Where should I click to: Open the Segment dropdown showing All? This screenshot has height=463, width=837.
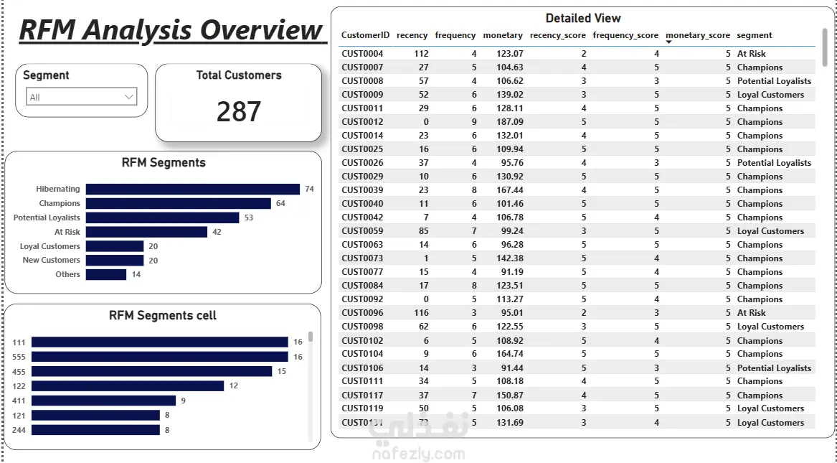coord(81,97)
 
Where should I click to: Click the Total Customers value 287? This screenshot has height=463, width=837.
coord(239,111)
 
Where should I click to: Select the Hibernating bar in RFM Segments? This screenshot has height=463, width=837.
coord(193,189)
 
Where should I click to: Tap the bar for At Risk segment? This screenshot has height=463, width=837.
coord(146,232)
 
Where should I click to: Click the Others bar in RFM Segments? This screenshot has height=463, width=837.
coord(105,274)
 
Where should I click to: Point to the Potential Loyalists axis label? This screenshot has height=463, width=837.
coord(47,218)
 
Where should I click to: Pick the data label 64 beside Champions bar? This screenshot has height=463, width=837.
coord(280,203)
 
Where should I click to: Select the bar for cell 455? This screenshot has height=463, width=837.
coord(151,371)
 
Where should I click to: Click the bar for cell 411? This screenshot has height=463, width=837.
coord(103,401)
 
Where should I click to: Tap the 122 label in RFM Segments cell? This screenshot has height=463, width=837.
coord(19,386)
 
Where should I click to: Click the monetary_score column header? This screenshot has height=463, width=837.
coord(698,35)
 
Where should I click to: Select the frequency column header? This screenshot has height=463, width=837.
coord(455,35)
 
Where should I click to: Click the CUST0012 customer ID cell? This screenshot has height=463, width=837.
coord(362,122)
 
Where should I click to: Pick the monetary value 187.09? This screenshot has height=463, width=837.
coord(510,122)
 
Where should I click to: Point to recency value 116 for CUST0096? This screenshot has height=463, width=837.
coord(421,313)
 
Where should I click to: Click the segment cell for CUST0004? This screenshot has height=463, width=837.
coord(751,53)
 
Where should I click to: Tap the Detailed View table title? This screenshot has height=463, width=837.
coord(583,18)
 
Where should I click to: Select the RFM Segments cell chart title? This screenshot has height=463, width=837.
coord(163,315)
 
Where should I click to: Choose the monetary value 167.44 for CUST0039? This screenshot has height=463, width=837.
coord(510,190)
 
